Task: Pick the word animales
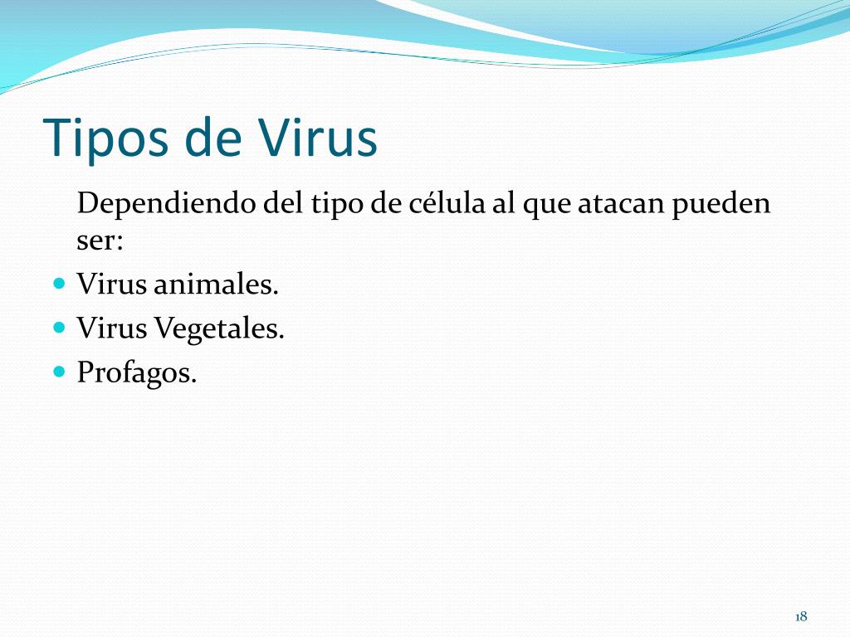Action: [216, 285]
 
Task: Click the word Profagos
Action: [137, 372]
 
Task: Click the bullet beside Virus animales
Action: [59, 284]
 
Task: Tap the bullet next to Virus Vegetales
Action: [59, 327]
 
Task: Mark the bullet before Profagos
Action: [59, 371]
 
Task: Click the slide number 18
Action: [801, 616]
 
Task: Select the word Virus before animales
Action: [112, 285]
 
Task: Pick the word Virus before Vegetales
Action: [112, 329]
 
